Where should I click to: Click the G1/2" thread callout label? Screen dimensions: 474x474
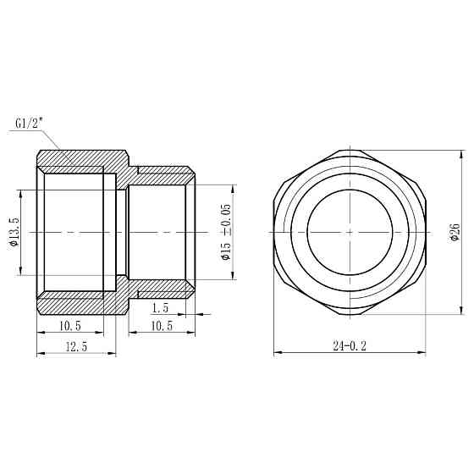pyautogui.click(x=30, y=124)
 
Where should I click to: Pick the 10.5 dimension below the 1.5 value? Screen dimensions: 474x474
pyautogui.click(x=161, y=326)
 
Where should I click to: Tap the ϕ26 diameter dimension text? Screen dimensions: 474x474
pyautogui.click(x=455, y=231)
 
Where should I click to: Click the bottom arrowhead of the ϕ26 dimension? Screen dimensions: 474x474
pyautogui.click(x=461, y=311)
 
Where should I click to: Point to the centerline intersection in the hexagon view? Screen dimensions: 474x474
pyautogui.click(x=349, y=231)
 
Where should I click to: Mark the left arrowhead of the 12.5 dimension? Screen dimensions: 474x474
pyautogui.click(x=39, y=354)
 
